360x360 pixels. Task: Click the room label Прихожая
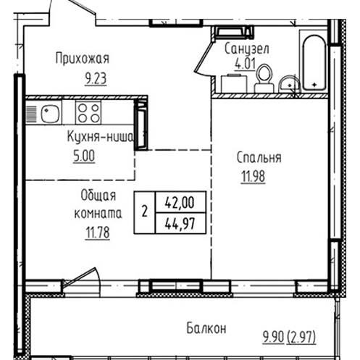tap(83, 59)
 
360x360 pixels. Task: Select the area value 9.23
tap(96, 78)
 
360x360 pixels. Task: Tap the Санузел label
tap(246, 49)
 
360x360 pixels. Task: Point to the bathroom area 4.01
tap(246, 64)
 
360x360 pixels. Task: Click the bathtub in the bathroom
tap(314, 63)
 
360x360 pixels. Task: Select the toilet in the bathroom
tap(264, 78)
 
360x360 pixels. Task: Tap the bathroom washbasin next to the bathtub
tap(290, 84)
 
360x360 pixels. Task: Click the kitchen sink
tap(50, 114)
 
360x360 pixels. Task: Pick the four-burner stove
tap(88, 112)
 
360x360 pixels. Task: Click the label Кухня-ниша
tap(100, 138)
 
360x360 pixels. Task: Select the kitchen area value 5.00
tap(84, 156)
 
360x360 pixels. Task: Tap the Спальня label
tap(259, 158)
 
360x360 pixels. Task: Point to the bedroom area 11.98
tap(253, 177)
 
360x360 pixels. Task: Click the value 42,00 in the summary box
tap(180, 202)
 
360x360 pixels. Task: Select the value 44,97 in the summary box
tap(180, 223)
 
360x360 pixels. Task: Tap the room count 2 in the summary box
tap(144, 212)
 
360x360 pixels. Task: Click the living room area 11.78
tap(98, 233)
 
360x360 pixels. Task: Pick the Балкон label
tap(206, 328)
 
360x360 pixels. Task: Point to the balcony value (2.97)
tap(301, 338)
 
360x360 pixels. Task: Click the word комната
tap(98, 214)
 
